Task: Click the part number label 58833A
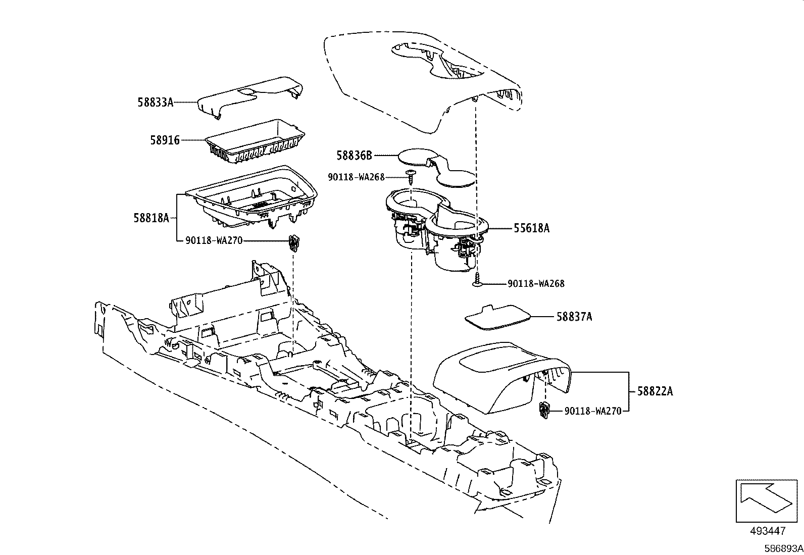click(x=155, y=103)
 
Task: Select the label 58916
click(x=165, y=140)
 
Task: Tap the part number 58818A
click(x=151, y=218)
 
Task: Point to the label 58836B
click(x=354, y=156)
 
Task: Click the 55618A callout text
click(x=531, y=228)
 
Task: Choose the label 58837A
click(x=574, y=317)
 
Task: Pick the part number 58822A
click(x=655, y=391)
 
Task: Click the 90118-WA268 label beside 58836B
click(x=357, y=177)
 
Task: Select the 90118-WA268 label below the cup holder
click(x=536, y=284)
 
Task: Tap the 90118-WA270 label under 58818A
click(x=215, y=241)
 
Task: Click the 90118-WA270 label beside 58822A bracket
click(x=592, y=411)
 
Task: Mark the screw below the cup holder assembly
click(x=477, y=281)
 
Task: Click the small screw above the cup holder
click(x=412, y=176)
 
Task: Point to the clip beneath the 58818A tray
click(x=294, y=243)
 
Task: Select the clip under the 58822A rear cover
click(x=544, y=411)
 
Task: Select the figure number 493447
click(x=768, y=531)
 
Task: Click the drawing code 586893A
click(x=783, y=548)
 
